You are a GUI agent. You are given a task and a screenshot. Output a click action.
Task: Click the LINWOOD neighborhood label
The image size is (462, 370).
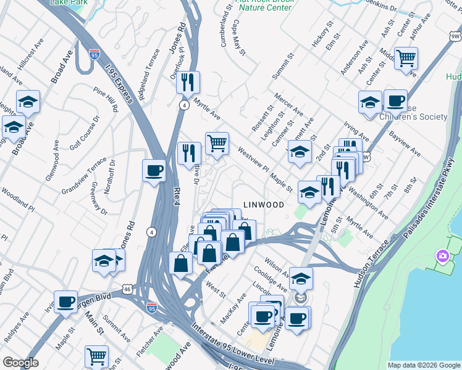[x=264, y=204]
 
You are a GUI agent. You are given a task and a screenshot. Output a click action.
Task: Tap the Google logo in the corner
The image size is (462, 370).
[x=21, y=363]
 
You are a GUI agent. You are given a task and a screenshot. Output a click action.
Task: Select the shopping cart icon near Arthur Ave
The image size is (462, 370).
[x=406, y=59]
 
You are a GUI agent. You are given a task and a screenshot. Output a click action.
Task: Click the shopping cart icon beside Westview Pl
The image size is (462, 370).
[x=217, y=144]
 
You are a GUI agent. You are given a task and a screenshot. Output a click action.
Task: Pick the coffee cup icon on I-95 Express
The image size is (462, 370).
[x=154, y=171]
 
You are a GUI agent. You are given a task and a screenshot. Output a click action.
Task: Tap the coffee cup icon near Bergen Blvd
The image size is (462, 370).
[x=65, y=302]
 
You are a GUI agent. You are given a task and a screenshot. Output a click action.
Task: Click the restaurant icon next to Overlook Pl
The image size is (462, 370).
[x=188, y=81]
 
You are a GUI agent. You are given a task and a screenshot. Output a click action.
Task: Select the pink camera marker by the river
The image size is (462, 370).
[x=443, y=256]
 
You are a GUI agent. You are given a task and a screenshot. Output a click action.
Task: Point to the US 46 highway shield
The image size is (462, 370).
[x=127, y=288]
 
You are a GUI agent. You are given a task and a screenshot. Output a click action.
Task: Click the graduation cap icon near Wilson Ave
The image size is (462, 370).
[x=301, y=279]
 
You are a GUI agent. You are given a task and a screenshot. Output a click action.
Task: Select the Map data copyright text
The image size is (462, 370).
[x=423, y=364]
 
